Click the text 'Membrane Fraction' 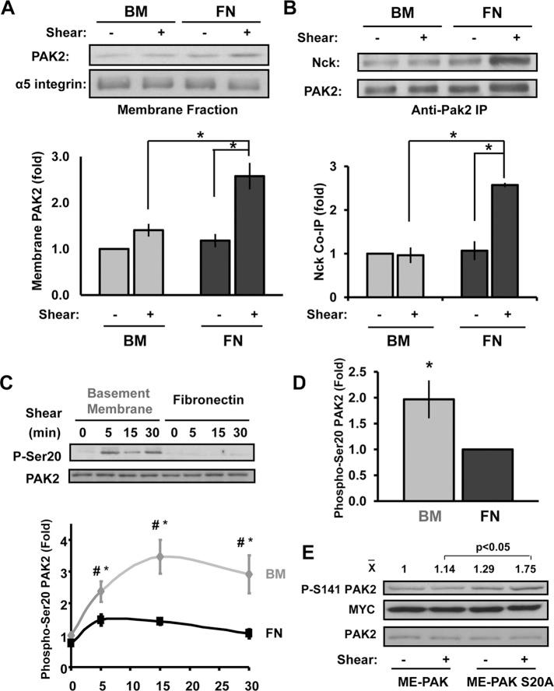tap(178, 110)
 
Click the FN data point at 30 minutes tap(247, 633)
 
